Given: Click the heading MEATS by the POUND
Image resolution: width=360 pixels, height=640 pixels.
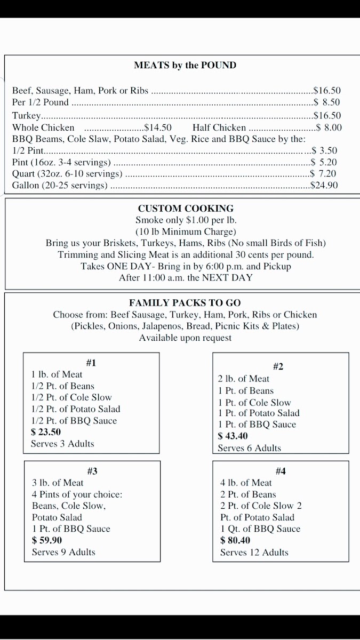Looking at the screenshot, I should (x=185, y=66).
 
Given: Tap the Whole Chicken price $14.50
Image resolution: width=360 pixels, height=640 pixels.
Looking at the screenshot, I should (x=158, y=128).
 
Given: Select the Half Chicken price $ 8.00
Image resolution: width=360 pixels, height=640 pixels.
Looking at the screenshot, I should (x=329, y=128).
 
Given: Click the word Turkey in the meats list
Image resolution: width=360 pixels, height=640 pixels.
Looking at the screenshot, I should (x=26, y=116).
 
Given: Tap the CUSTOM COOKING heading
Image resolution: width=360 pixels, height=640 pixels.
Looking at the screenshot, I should (x=186, y=209).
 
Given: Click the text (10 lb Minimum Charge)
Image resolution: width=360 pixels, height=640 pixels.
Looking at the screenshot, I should (x=185, y=231).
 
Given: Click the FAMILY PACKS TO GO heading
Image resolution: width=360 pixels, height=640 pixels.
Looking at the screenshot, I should (x=185, y=303).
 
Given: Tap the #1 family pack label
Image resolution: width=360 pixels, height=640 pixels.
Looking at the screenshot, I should (x=91, y=363).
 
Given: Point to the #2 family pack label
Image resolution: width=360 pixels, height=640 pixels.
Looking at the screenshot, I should (x=278, y=366).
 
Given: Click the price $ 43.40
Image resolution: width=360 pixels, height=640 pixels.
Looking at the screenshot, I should (x=233, y=436).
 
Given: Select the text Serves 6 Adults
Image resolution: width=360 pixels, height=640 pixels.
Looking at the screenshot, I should (x=249, y=448).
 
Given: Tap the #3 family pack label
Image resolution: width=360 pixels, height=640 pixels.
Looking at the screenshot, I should (x=92, y=471).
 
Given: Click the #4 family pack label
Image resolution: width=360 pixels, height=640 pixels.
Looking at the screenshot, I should (x=281, y=471).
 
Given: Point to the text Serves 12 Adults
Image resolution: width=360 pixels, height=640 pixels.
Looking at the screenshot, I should (x=254, y=553).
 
